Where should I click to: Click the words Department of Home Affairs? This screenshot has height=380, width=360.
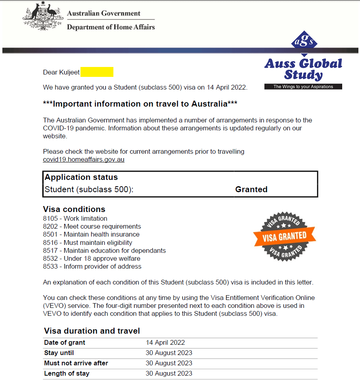click(111, 27)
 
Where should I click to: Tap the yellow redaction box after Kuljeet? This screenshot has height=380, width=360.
click(97, 72)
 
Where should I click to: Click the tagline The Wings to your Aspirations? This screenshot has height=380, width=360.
click(303, 86)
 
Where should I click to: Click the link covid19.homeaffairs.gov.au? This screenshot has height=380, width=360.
click(84, 160)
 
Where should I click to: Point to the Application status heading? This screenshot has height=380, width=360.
click(81, 177)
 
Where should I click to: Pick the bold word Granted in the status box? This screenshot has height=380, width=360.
click(251, 189)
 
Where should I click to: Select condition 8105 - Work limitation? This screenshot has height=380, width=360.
click(75, 218)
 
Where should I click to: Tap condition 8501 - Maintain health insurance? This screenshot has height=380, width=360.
click(91, 234)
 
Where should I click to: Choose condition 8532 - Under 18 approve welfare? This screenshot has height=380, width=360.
click(92, 258)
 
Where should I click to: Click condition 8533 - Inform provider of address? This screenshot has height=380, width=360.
click(92, 266)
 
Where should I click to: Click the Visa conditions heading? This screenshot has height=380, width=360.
click(74, 209)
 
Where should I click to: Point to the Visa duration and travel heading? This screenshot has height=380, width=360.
click(92, 331)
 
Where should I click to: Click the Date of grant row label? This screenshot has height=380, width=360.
click(65, 342)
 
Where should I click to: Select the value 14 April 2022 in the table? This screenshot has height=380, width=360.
click(165, 342)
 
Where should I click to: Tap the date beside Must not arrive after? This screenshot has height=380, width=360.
click(169, 363)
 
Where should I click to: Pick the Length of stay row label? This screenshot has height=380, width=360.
click(67, 373)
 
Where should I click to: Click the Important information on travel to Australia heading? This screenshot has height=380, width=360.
click(140, 104)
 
